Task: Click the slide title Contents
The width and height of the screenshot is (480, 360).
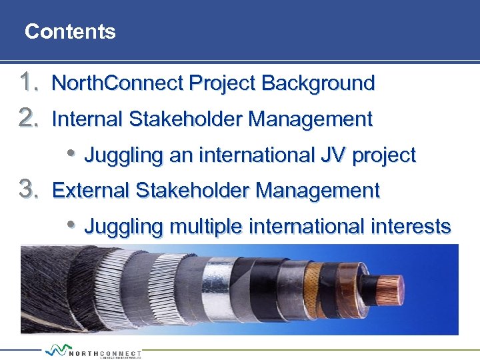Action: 70,31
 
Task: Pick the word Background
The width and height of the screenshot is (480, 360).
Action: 318,83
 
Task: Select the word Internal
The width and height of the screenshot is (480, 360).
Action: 87,119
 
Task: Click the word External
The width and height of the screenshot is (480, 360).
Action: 91,191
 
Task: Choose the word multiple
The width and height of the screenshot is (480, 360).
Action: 206,227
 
